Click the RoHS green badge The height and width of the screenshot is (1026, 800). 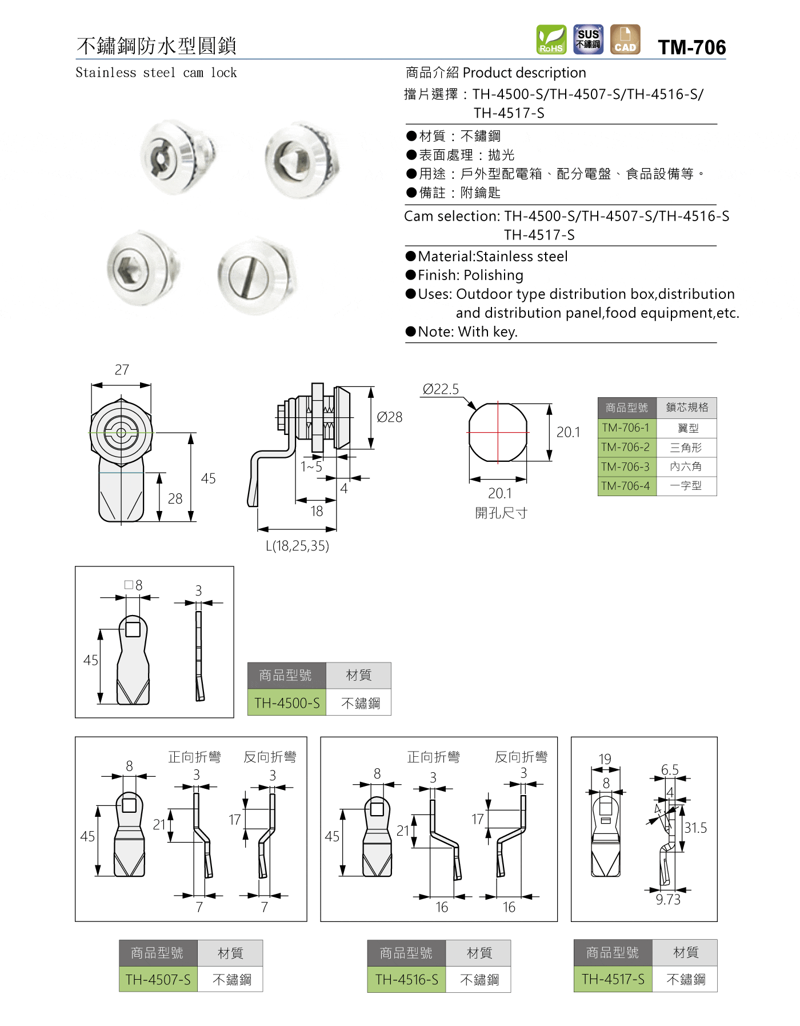click(x=551, y=39)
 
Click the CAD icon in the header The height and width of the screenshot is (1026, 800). click(x=625, y=39)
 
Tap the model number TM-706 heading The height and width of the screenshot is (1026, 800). click(x=691, y=47)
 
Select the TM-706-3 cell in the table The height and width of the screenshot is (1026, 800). click(x=626, y=467)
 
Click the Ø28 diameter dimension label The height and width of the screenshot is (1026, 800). click(x=389, y=417)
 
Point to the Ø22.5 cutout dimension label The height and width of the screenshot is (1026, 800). click(x=441, y=389)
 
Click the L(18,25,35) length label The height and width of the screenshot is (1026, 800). click(x=297, y=546)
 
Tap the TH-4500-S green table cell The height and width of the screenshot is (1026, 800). click(x=287, y=702)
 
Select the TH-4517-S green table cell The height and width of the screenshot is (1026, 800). click(x=613, y=979)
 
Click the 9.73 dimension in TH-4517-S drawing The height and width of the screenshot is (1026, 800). click(x=667, y=900)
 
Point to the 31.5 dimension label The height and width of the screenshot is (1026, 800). click(x=695, y=828)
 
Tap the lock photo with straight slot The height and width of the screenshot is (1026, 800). click(x=257, y=276)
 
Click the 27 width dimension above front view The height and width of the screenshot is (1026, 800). click(x=122, y=370)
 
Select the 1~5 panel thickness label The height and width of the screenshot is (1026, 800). click(x=311, y=466)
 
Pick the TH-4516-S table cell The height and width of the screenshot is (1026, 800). click(x=406, y=980)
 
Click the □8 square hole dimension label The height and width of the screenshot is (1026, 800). click(x=133, y=585)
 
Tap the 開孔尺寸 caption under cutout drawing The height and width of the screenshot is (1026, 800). click(x=501, y=513)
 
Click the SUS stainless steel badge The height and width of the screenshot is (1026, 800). click(x=588, y=39)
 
